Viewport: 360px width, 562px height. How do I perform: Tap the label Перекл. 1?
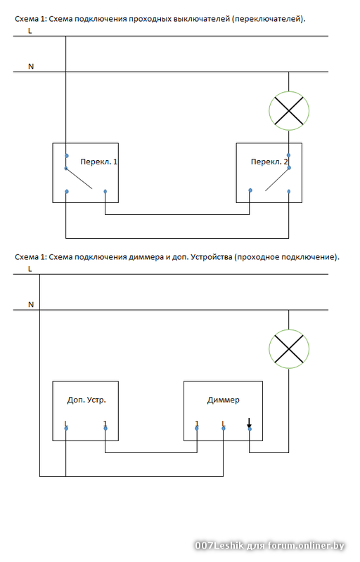[x=98, y=162]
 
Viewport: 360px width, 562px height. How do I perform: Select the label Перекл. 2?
[x=269, y=162]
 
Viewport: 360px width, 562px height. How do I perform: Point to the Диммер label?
[x=223, y=400]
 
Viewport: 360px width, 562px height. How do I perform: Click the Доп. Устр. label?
[x=86, y=400]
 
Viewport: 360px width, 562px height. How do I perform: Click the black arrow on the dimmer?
[x=249, y=423]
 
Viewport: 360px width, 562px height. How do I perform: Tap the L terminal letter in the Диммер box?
[x=224, y=424]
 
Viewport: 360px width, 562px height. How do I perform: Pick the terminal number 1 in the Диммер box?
[x=197, y=424]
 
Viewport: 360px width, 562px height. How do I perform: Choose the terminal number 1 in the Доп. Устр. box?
[x=105, y=424]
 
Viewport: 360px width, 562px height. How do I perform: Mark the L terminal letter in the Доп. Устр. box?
[x=66, y=424]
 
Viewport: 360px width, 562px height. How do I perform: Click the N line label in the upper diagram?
[x=31, y=66]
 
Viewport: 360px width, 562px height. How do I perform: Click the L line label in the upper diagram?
[x=30, y=31]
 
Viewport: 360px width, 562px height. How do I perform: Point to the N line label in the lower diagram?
[x=31, y=304]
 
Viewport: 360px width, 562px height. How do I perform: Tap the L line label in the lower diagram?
[x=30, y=269]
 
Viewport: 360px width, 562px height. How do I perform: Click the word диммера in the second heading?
[x=146, y=257]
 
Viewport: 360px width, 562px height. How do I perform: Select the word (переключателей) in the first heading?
[x=269, y=19]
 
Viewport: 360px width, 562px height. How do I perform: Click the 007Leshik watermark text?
[x=219, y=546]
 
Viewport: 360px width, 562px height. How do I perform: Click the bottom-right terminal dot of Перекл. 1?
[x=105, y=191]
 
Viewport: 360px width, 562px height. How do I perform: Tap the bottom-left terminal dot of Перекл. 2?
[x=250, y=190]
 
